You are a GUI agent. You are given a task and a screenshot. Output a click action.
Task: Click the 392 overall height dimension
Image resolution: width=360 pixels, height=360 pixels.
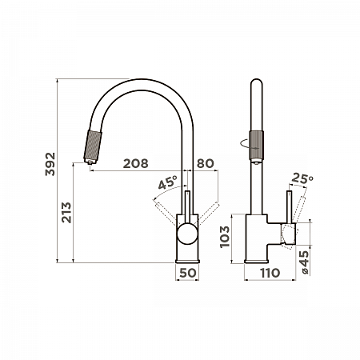[50, 164]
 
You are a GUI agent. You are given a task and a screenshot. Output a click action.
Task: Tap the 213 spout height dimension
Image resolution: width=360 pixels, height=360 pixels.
[66, 212]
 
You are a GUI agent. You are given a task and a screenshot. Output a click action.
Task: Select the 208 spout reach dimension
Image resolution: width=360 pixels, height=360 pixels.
[135, 163]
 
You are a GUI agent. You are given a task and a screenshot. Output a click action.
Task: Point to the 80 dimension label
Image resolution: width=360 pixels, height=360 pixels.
[206, 163]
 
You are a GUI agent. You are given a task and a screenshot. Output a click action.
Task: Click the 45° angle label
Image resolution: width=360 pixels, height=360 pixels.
[167, 182]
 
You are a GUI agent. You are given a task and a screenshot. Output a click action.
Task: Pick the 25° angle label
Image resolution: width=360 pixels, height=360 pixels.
[302, 178]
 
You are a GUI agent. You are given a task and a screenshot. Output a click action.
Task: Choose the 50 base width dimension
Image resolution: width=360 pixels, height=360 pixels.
[188, 273]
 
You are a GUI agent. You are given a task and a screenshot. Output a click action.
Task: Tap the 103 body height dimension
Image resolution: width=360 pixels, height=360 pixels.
[225, 237]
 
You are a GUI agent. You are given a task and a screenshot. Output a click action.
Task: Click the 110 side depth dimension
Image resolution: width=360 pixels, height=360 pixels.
[270, 273]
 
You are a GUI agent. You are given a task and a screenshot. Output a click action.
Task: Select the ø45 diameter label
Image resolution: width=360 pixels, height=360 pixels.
[304, 262]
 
